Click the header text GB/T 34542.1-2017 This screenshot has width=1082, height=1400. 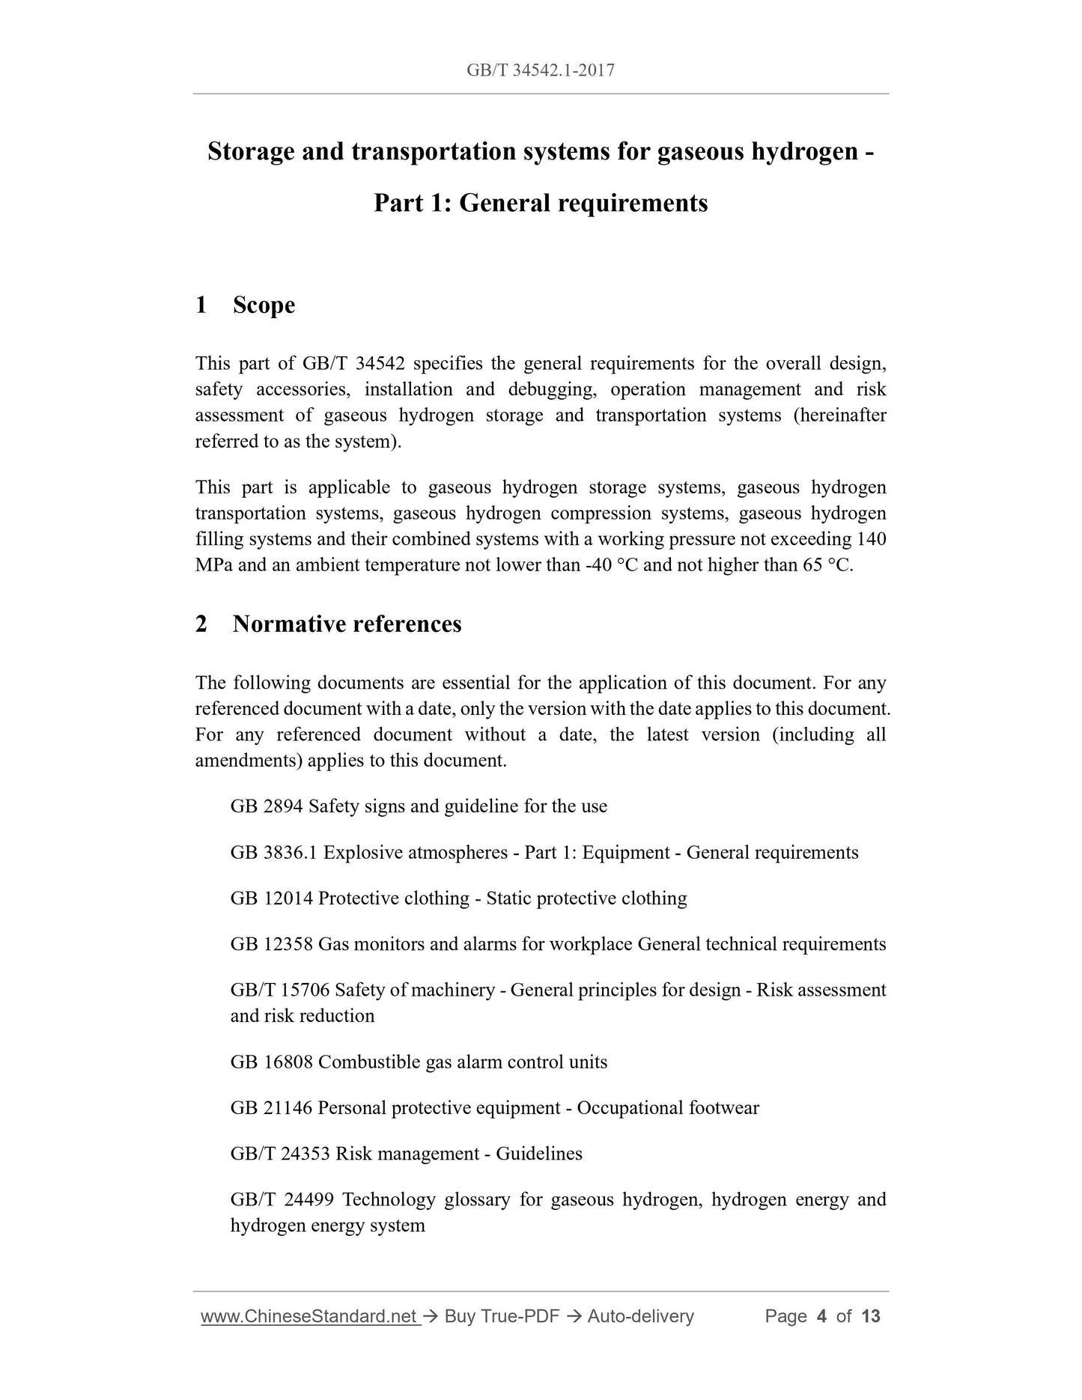(540, 70)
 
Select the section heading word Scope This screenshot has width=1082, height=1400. (264, 305)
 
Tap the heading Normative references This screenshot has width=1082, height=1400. (347, 624)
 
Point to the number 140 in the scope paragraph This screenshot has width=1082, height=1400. (872, 539)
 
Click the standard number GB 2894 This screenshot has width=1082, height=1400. (267, 806)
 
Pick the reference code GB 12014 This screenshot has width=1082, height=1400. (271, 898)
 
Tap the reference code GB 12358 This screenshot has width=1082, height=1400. (271, 944)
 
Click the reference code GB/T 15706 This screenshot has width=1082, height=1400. (279, 990)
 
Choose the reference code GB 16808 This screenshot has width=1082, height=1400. (271, 1062)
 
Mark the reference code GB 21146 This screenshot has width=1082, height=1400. (271, 1107)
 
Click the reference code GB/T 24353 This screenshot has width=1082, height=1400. (279, 1154)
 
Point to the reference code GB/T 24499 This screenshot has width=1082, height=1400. (279, 1199)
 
